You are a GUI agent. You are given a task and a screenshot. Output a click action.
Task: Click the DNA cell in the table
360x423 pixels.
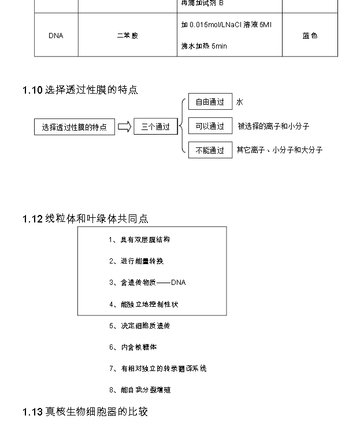pos(56,36)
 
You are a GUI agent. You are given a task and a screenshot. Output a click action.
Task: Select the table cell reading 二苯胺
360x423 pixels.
pos(127,36)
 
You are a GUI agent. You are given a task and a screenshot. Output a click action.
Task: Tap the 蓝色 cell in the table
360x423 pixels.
pos(310,36)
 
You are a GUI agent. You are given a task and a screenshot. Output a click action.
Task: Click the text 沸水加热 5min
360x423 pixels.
pos(204,46)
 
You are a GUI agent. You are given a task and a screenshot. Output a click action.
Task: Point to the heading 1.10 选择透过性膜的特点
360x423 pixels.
pos(80,90)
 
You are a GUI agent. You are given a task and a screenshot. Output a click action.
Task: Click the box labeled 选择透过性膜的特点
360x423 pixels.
pos(74,127)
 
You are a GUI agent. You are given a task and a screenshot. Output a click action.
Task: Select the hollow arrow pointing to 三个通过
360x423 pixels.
pos(124,127)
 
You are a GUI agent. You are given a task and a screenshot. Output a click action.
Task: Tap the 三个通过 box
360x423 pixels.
pos(155,127)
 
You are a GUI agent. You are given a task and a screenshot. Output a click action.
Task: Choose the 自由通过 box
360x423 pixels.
pos(210,102)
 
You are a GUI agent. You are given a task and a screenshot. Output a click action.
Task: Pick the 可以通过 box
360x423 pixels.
pos(210,127)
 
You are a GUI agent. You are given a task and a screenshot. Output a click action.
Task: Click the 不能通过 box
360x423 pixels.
pos(210,150)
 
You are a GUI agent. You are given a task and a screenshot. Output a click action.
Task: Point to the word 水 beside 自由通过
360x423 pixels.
pos(240,102)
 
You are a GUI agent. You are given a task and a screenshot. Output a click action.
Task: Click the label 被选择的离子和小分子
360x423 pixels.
pos(277,127)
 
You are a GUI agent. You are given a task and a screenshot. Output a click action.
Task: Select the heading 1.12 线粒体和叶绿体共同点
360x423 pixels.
pos(86,219)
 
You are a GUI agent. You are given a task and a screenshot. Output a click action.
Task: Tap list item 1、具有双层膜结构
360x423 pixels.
pos(139,240)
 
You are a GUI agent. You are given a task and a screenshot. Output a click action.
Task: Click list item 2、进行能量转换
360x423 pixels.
pos(136,261)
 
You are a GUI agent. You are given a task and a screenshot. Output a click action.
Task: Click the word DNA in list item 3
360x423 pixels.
pos(178,283)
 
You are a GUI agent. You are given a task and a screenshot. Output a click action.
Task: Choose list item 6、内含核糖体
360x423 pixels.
pos(133,347)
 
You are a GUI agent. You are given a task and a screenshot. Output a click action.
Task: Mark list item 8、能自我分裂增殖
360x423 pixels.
pos(140,390)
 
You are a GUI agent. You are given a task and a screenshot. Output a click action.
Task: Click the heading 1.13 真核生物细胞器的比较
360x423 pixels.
pos(86,412)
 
